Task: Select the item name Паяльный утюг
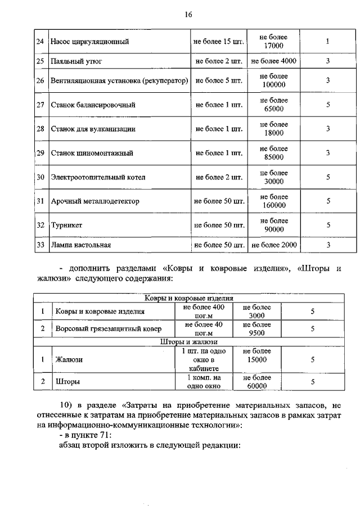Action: point(76,61)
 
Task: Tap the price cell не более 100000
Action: point(274,80)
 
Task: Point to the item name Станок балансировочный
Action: point(93,105)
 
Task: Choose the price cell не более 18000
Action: point(274,129)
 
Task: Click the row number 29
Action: point(40,153)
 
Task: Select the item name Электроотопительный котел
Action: point(98,177)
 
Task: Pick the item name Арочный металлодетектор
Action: point(95,201)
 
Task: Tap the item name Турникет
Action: point(67,225)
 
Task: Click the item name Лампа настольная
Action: point(81,245)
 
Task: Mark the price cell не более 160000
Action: point(274,201)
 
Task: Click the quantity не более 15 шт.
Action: point(218,42)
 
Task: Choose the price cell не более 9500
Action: point(256,328)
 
